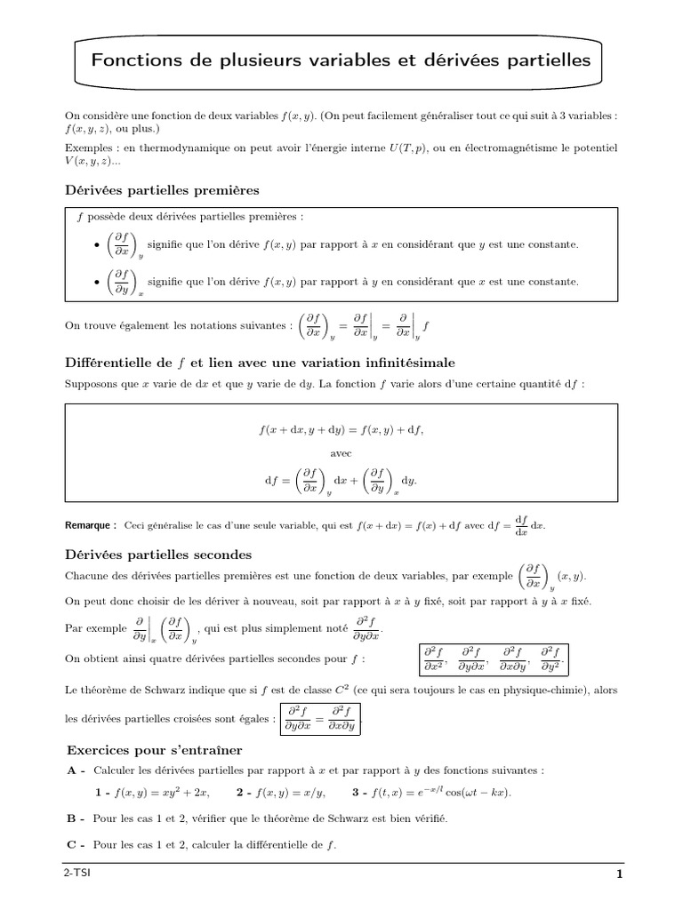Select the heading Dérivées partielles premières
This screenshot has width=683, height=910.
pos(163,190)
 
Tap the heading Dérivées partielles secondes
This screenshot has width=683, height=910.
pos(159,555)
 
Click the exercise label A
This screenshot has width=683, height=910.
pos(76,770)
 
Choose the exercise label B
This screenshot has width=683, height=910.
pos(76,818)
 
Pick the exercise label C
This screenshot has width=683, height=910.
pos(76,844)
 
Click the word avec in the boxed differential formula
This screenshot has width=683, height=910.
pos(341,452)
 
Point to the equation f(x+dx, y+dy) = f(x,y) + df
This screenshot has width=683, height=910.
pos(341,430)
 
